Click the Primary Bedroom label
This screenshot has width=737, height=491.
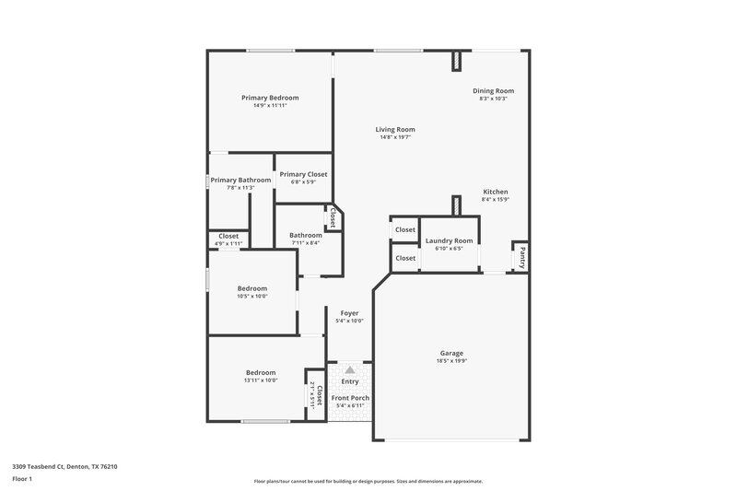(270, 98)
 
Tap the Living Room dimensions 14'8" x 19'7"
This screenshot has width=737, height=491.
(395, 137)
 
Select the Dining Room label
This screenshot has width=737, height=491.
(493, 90)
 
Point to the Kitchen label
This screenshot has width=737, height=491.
(496, 192)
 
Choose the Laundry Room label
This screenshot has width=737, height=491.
(449, 240)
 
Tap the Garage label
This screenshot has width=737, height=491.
(451, 353)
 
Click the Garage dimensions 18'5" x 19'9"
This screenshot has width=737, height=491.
(451, 361)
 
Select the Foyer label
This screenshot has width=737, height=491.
(349, 313)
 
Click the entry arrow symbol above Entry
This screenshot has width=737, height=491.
(349, 369)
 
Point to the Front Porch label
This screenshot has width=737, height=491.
(350, 398)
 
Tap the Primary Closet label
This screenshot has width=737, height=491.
(303, 174)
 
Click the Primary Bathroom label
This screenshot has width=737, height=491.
(240, 180)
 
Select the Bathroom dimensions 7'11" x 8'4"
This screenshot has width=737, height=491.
(305, 243)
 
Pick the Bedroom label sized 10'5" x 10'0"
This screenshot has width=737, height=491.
(252, 288)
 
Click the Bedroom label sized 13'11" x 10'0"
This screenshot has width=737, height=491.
(261, 372)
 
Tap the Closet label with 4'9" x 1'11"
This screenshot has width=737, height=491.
(228, 236)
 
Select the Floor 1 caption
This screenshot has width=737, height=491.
(22, 480)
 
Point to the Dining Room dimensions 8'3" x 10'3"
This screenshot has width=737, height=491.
(493, 99)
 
